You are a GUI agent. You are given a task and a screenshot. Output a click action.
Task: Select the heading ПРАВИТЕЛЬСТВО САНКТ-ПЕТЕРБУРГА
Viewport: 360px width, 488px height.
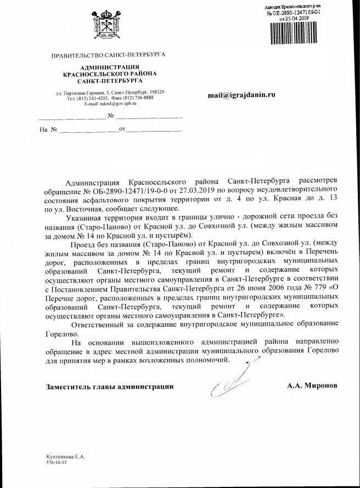tap(108, 55)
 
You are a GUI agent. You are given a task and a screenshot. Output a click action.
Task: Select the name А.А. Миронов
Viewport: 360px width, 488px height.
tap(312, 386)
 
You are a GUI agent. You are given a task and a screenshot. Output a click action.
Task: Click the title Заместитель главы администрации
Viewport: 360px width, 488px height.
tap(109, 387)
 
